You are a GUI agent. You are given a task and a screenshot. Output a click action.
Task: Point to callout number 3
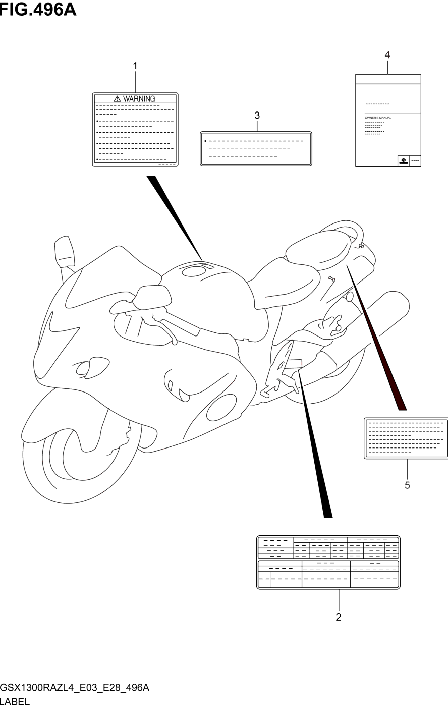(x=257, y=116)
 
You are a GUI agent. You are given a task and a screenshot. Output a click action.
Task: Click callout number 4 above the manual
(x=387, y=55)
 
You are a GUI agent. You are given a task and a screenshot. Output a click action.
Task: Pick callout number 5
(x=407, y=485)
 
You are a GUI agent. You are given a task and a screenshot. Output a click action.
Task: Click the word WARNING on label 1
(x=139, y=99)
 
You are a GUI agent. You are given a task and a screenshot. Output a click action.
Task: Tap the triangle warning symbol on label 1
(x=117, y=99)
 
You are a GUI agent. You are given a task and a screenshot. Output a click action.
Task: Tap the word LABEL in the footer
(x=15, y=701)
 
